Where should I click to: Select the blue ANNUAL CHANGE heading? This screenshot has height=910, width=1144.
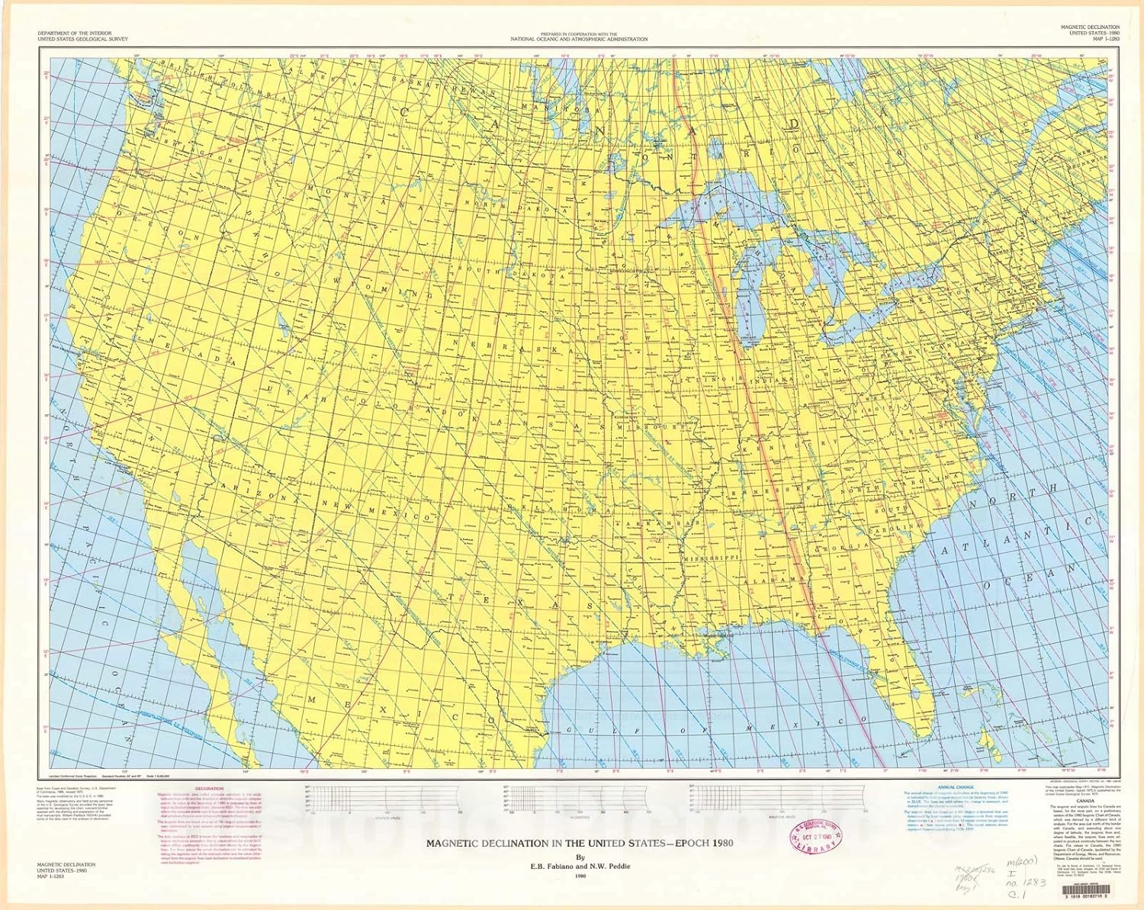tap(955, 787)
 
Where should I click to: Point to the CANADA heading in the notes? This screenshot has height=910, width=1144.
tap(1085, 801)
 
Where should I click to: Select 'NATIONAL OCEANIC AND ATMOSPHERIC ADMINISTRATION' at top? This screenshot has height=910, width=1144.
tap(579, 39)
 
